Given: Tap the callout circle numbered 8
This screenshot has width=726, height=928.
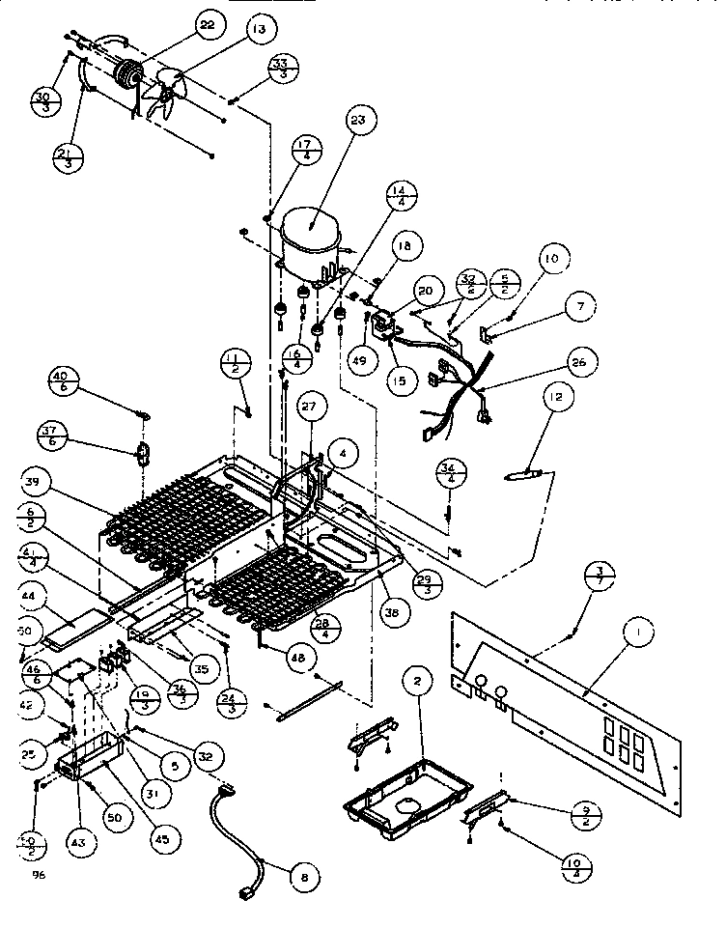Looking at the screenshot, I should click(x=304, y=878).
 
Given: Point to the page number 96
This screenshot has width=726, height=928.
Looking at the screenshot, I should click(x=38, y=874).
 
